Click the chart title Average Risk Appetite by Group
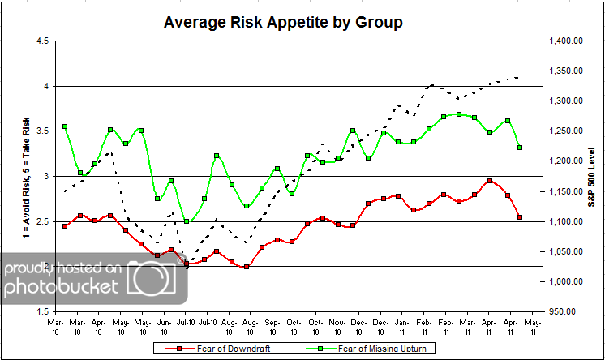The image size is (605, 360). click(283, 22)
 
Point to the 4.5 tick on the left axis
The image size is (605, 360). click(39, 41)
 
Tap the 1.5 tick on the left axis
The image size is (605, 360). click(39, 311)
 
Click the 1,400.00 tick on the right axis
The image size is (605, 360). click(565, 41)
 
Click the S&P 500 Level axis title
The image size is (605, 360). click(594, 176)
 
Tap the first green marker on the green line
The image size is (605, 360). click(65, 127)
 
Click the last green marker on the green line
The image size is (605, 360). click(519, 148)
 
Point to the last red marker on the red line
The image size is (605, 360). click(519, 217)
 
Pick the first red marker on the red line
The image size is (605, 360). click(65, 226)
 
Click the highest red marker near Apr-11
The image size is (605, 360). click(489, 182)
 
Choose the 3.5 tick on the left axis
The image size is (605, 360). click(39, 131)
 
